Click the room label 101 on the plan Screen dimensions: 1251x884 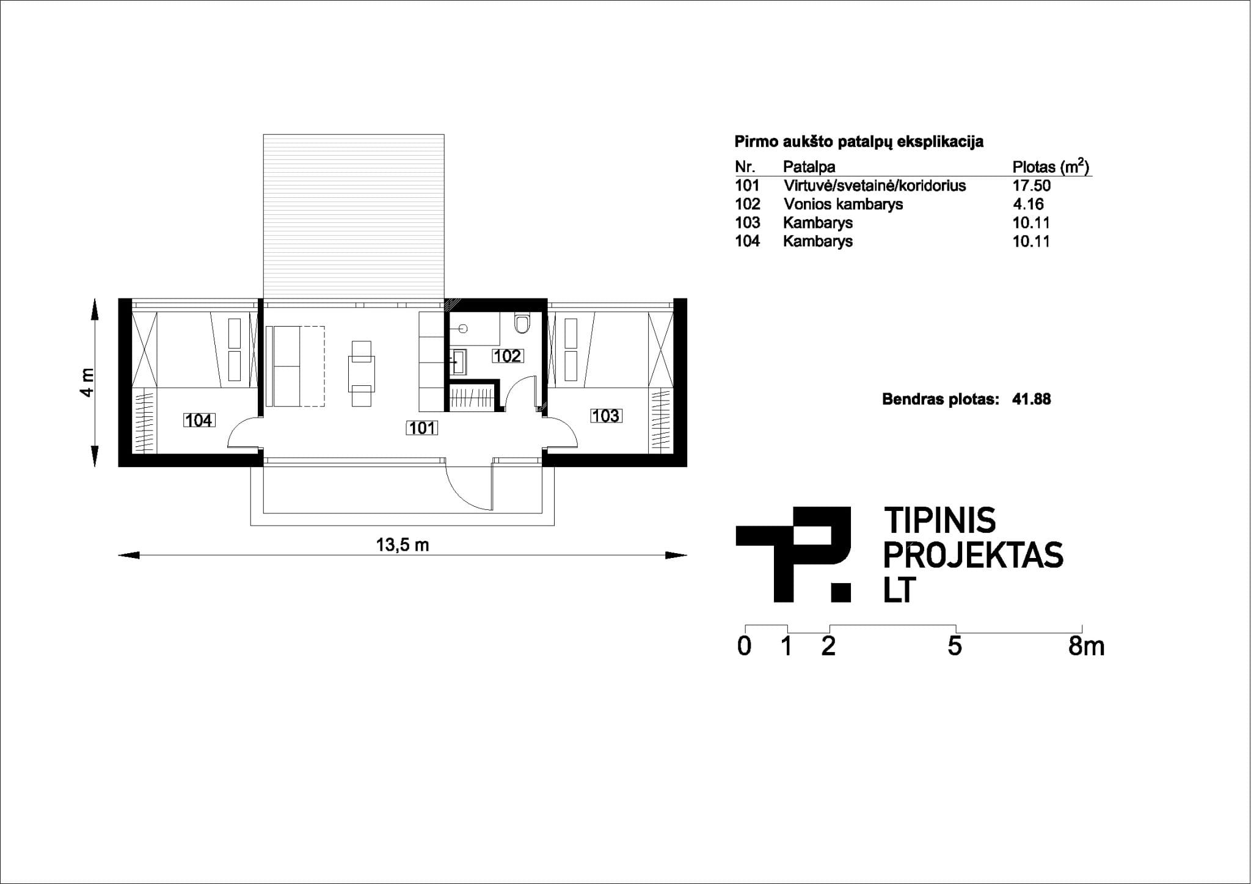422,428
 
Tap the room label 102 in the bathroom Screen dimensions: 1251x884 507,355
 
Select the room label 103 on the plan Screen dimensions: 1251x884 605,416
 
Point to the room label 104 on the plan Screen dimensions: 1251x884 199,420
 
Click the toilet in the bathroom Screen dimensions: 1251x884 522,323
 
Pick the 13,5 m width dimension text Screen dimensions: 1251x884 403,545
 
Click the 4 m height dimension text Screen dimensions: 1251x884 87,382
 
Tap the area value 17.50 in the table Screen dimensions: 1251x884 1032,186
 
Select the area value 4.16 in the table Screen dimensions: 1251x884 1029,204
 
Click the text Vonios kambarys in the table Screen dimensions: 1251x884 843,204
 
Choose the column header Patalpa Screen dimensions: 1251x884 809,167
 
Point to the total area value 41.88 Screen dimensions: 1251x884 1032,399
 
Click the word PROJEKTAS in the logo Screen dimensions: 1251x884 974,555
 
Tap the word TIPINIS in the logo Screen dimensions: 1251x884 940,520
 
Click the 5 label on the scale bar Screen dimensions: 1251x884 955,646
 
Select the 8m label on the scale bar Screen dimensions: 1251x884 1086,646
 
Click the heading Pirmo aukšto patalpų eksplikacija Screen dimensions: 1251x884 859,142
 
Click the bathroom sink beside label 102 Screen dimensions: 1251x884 459,361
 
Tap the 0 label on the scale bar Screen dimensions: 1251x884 744,646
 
